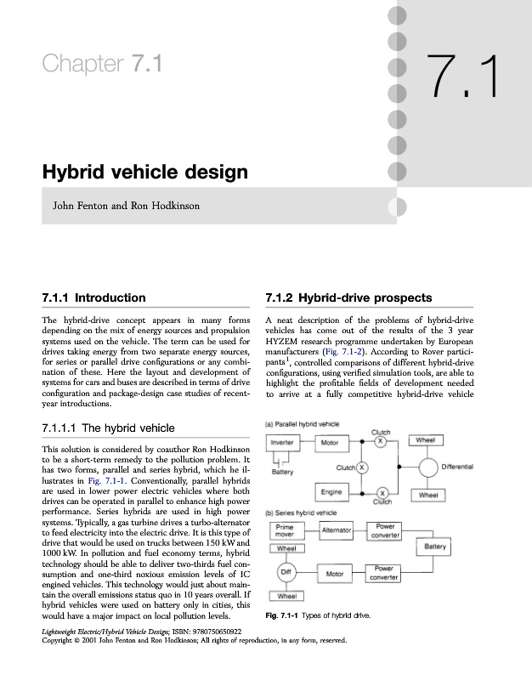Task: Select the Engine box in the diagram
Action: tap(331, 491)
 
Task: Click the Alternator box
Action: tap(337, 530)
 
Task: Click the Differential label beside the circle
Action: tap(481, 467)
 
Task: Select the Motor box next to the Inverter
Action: tap(330, 442)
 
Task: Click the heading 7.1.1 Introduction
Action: tap(93, 298)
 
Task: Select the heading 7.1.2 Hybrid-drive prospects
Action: tap(348, 298)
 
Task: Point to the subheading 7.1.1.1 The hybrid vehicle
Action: tap(109, 428)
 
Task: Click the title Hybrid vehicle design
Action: tap(144, 173)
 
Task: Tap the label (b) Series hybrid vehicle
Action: tap(302, 513)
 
